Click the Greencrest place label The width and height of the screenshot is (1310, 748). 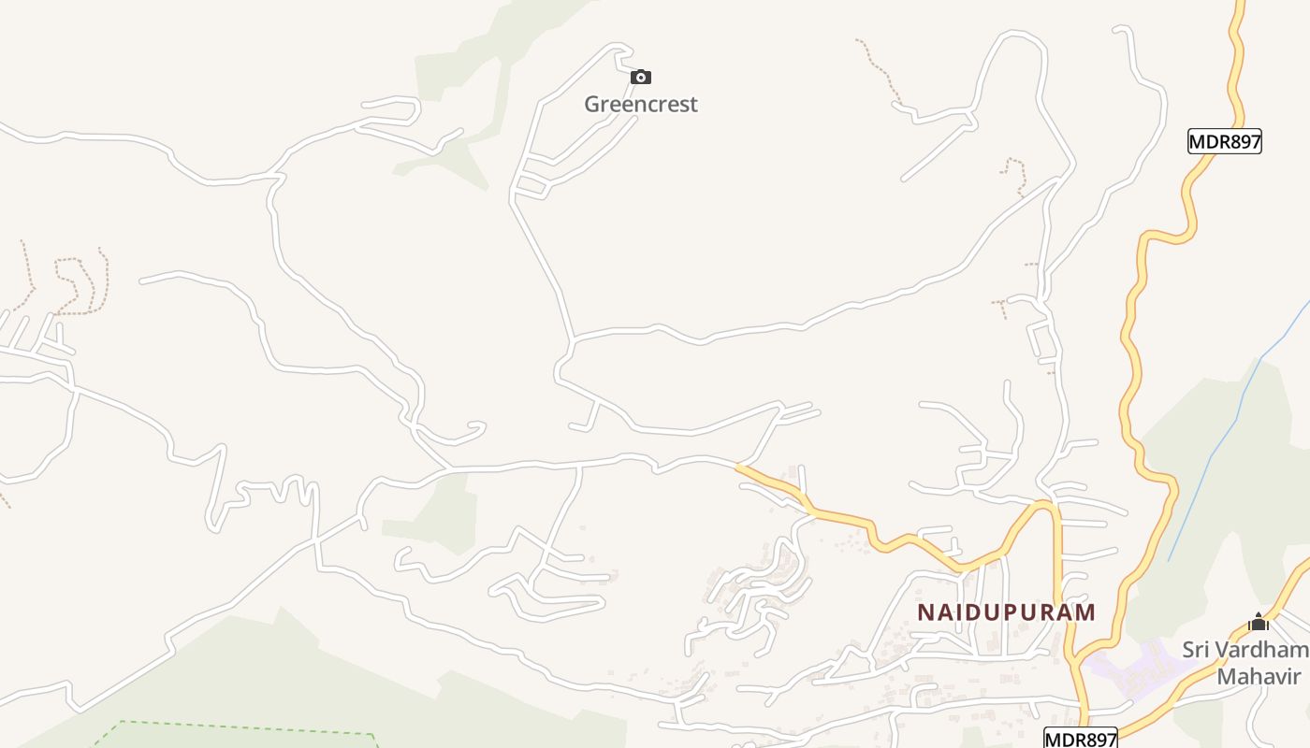tap(641, 104)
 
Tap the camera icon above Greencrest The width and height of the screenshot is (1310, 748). tap(641, 77)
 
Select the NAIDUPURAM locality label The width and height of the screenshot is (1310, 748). tap(1006, 612)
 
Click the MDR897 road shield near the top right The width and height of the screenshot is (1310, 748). tap(1225, 142)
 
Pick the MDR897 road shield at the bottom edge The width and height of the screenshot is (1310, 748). tap(1081, 739)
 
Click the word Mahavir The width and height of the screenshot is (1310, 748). tap(1259, 676)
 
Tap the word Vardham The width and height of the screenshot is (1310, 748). tap(1263, 650)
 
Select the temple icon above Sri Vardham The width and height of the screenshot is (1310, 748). tap(1259, 622)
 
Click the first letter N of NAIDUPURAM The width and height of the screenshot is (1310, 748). tap(926, 612)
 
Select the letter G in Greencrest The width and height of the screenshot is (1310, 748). tap(593, 104)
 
